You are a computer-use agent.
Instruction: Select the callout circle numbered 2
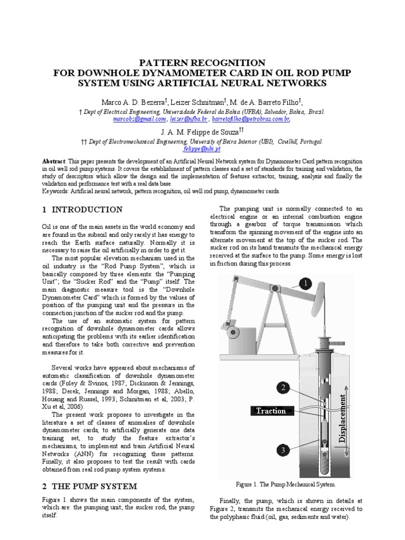click(x=283, y=388)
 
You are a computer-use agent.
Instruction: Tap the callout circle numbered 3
click(x=283, y=450)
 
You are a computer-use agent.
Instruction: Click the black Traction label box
click(x=271, y=411)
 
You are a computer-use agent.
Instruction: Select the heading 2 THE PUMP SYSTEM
click(x=89, y=486)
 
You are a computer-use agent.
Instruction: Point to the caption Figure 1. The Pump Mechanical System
click(x=286, y=484)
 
